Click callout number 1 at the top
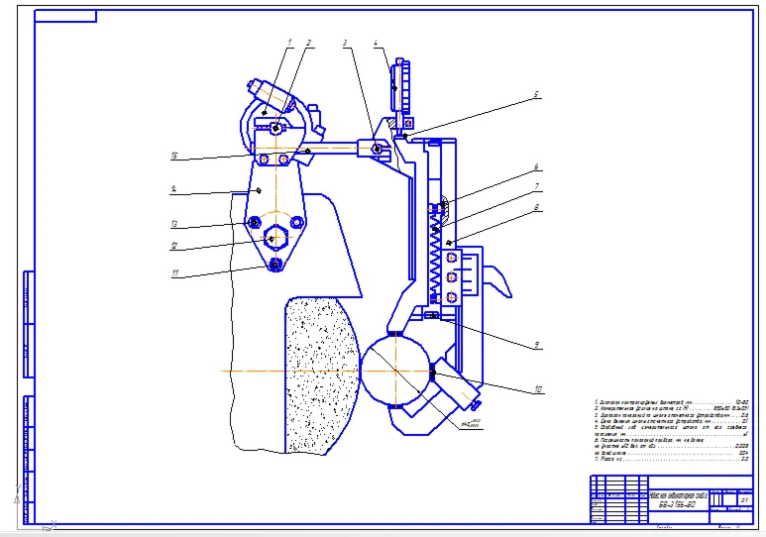point(290,41)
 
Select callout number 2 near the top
point(309,43)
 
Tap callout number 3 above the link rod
point(345,44)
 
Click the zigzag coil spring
point(435,253)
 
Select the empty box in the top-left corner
point(65,16)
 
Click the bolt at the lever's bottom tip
point(275,264)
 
